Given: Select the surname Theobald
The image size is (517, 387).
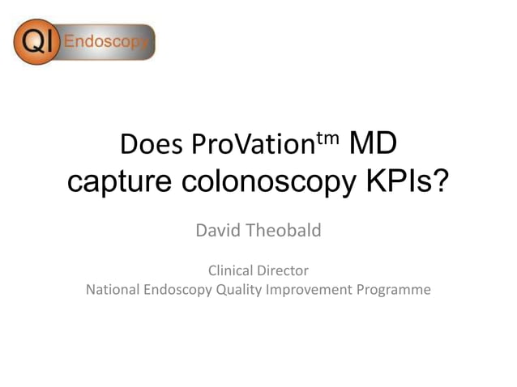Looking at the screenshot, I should pyautogui.click(x=284, y=231).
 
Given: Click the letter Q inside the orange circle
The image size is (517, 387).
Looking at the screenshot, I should pyautogui.click(x=32, y=42).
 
